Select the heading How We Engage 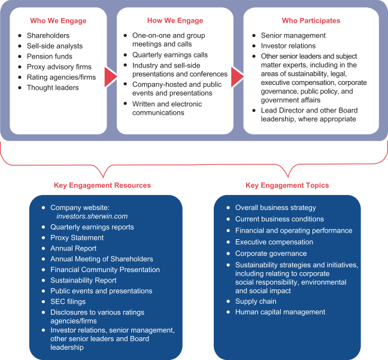(174, 20)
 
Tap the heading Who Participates (311, 20)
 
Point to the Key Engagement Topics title (287, 185)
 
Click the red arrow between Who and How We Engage (110, 77)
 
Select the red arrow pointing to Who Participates (237, 77)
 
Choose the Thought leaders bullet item (53, 87)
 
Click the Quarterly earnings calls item (170, 54)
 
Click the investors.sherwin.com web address (92, 216)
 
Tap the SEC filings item (68, 301)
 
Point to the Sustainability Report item (83, 280)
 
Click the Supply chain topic (256, 301)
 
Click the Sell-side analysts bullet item (55, 46)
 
